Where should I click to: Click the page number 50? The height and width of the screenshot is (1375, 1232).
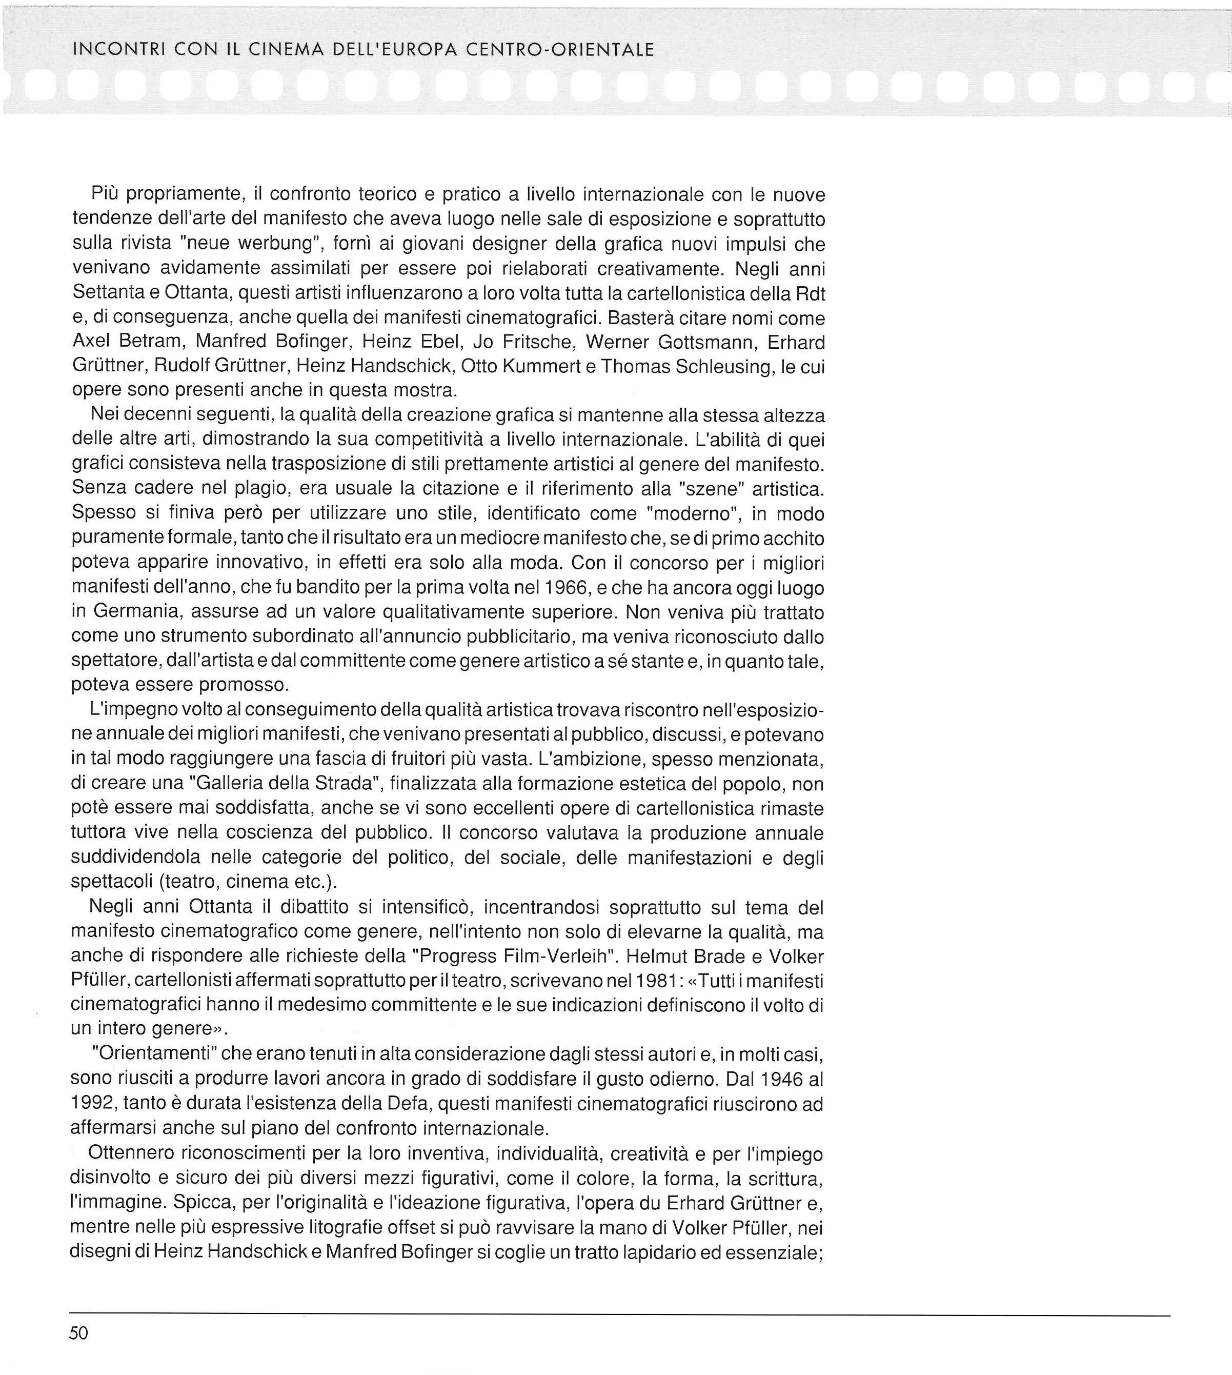(78, 1333)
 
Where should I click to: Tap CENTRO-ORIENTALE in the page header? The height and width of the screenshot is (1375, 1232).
(559, 49)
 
